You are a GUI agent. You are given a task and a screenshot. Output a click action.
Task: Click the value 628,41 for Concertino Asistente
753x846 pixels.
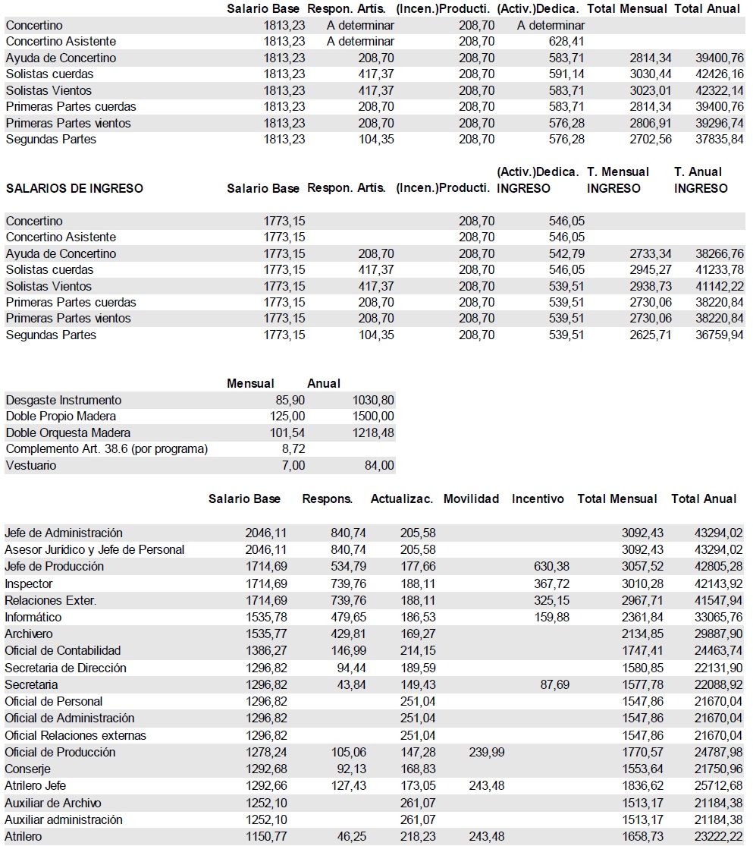pos(566,41)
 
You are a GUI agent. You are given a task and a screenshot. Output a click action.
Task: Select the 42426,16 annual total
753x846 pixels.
pos(720,74)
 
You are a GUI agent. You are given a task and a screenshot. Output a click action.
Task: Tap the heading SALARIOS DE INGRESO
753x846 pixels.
pos(74,188)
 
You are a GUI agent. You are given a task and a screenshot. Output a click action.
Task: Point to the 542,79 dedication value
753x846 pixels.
pos(566,253)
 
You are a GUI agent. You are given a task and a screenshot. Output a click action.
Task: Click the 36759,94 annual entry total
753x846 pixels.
pos(720,335)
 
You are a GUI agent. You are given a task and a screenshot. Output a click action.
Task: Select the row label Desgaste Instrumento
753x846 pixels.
pos(63,400)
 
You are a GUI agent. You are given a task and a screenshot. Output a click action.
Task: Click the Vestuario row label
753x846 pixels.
pos(30,465)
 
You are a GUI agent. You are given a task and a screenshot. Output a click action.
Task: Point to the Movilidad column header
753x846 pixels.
pos(471,498)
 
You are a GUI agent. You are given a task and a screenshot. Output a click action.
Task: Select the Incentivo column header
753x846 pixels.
pos(538,498)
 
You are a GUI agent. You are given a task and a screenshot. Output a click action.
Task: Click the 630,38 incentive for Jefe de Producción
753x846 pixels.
pos(551,566)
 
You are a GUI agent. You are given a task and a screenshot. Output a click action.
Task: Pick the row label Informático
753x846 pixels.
pos(33,617)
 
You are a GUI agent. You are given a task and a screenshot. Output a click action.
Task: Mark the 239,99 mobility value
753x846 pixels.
pos(487,752)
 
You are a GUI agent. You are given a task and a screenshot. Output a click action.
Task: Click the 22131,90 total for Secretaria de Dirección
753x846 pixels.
pos(720,668)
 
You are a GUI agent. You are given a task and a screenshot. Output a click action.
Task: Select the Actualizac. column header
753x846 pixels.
pos(401,498)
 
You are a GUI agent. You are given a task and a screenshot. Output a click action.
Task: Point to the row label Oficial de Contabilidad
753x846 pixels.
pos(63,650)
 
